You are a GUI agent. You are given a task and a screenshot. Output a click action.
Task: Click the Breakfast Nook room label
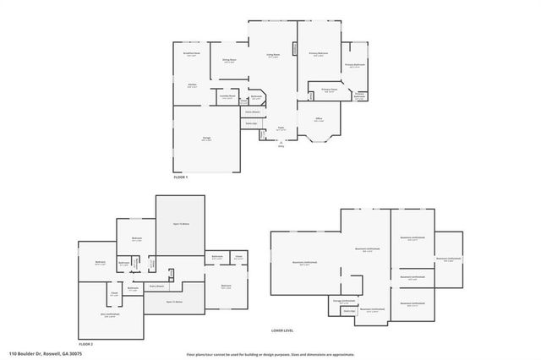point(192,53)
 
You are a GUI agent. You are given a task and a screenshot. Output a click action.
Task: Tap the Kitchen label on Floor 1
point(192,85)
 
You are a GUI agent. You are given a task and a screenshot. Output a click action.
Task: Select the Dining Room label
point(228,61)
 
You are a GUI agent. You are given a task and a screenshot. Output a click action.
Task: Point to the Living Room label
point(273,56)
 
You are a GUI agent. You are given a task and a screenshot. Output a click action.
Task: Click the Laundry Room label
point(227,96)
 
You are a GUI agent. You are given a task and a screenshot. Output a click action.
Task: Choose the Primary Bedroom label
point(318,55)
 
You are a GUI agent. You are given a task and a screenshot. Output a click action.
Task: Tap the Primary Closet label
point(329,90)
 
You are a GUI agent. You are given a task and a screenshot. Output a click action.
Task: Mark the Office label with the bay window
point(319,119)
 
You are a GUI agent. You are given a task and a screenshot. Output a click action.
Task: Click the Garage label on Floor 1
point(206,139)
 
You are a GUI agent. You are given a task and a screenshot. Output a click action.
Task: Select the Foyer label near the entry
point(281,128)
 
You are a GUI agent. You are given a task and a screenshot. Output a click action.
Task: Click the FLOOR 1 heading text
point(181,177)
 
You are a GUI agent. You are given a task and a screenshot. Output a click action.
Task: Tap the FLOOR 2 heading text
point(85,344)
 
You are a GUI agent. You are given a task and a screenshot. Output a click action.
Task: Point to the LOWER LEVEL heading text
point(282,330)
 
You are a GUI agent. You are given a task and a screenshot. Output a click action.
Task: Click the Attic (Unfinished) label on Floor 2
point(110,314)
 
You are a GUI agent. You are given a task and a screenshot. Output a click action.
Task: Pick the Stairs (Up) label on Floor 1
point(251,123)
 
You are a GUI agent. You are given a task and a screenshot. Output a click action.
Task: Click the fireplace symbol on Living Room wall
point(295,49)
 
